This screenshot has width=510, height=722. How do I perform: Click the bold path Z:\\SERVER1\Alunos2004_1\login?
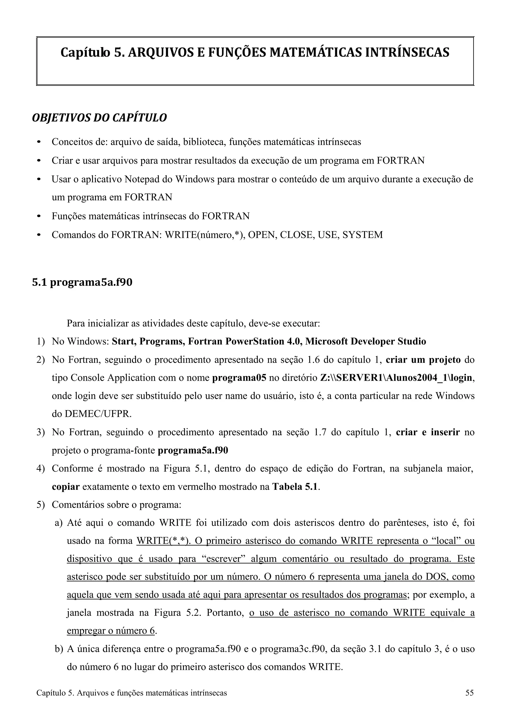[x=396, y=378]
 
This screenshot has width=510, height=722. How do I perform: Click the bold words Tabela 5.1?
[x=295, y=487]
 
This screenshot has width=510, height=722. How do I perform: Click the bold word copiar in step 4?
[x=65, y=487]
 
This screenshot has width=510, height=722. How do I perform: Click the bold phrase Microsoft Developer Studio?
[x=366, y=342]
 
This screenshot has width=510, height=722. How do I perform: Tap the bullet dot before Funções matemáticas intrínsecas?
[x=39, y=217]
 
